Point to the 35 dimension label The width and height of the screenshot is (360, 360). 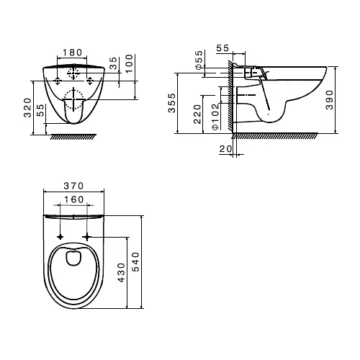tap(114, 63)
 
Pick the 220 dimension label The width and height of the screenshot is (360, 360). tap(199, 112)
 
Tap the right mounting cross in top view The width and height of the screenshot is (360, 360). tap(88, 236)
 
